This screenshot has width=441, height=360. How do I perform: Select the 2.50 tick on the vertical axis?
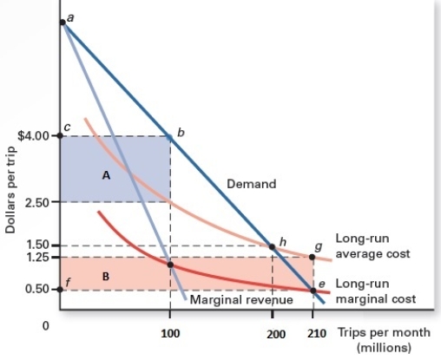tap(39, 202)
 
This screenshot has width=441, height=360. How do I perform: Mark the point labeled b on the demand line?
tap(170, 136)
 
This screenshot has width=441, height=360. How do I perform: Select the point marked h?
tap(273, 246)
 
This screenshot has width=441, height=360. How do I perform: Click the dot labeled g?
tap(313, 257)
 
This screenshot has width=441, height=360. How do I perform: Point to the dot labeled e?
tap(313, 290)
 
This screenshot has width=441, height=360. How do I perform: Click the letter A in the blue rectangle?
tap(106, 175)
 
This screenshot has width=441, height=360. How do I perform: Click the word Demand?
tap(251, 184)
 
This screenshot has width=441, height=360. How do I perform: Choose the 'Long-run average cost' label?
tap(372, 247)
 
